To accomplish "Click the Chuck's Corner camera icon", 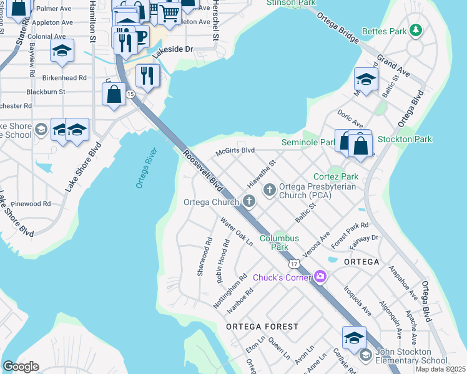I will tap(320, 276).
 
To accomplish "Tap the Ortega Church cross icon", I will tap(249, 201).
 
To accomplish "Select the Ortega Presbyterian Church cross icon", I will tap(270, 189).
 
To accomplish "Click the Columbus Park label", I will tap(279, 242).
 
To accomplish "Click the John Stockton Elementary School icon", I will tap(365, 355).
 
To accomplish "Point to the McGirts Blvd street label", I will tap(235, 150).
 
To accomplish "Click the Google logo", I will tap(21, 367).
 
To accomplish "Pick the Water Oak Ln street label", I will tap(236, 231).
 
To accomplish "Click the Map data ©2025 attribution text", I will tap(440, 369).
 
